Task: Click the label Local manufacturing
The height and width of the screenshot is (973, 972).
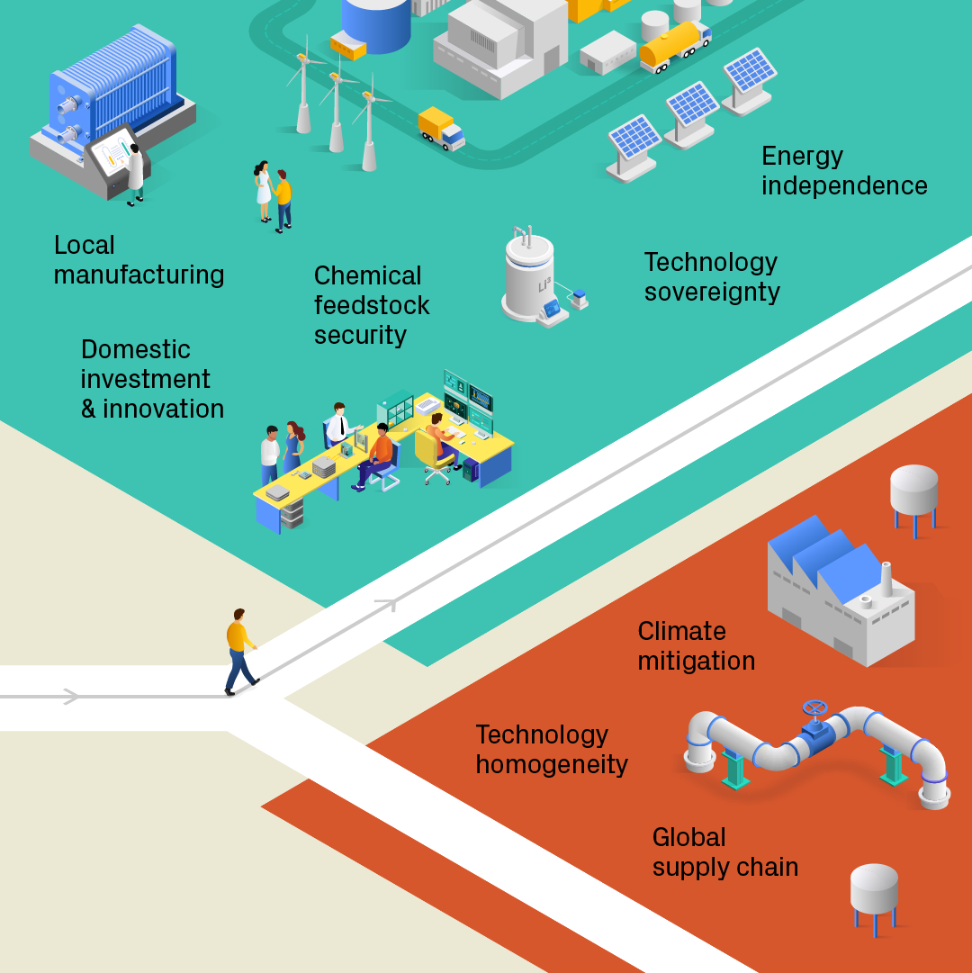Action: point(139,260)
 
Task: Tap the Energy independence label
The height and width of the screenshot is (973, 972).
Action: point(843,171)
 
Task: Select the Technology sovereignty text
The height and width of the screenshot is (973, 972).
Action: point(711,277)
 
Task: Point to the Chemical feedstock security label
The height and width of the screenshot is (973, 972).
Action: point(371,305)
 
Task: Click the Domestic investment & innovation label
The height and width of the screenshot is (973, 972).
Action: point(152,379)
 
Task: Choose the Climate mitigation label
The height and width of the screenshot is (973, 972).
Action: point(696,646)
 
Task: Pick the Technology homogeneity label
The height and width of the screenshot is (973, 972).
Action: point(551,750)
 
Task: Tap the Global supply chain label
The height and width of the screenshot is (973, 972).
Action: point(724,852)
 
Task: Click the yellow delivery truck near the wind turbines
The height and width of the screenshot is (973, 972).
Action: point(441,128)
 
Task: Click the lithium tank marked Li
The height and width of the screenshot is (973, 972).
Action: point(530,278)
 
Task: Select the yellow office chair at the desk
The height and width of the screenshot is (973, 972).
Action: point(435,455)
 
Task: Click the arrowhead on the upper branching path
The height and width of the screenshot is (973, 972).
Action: point(389,603)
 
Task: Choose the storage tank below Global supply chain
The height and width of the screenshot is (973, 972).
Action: point(874,896)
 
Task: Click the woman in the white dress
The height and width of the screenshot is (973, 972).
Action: point(263,190)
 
